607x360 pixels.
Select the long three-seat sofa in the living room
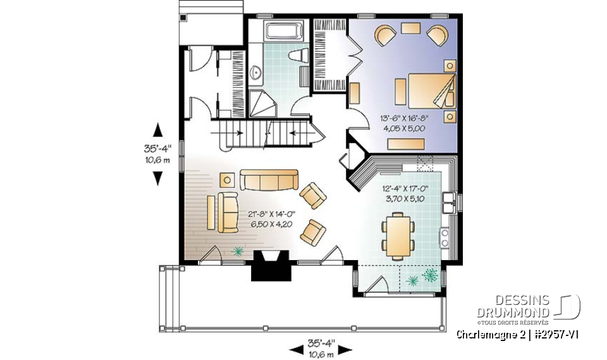269,180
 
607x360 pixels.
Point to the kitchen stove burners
445,238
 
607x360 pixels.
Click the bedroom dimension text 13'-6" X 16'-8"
405,118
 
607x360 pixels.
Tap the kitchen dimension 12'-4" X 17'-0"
405,188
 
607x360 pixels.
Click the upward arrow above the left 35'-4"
157,130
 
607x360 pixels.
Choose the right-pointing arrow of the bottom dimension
349,349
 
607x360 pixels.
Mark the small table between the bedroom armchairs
410,28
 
